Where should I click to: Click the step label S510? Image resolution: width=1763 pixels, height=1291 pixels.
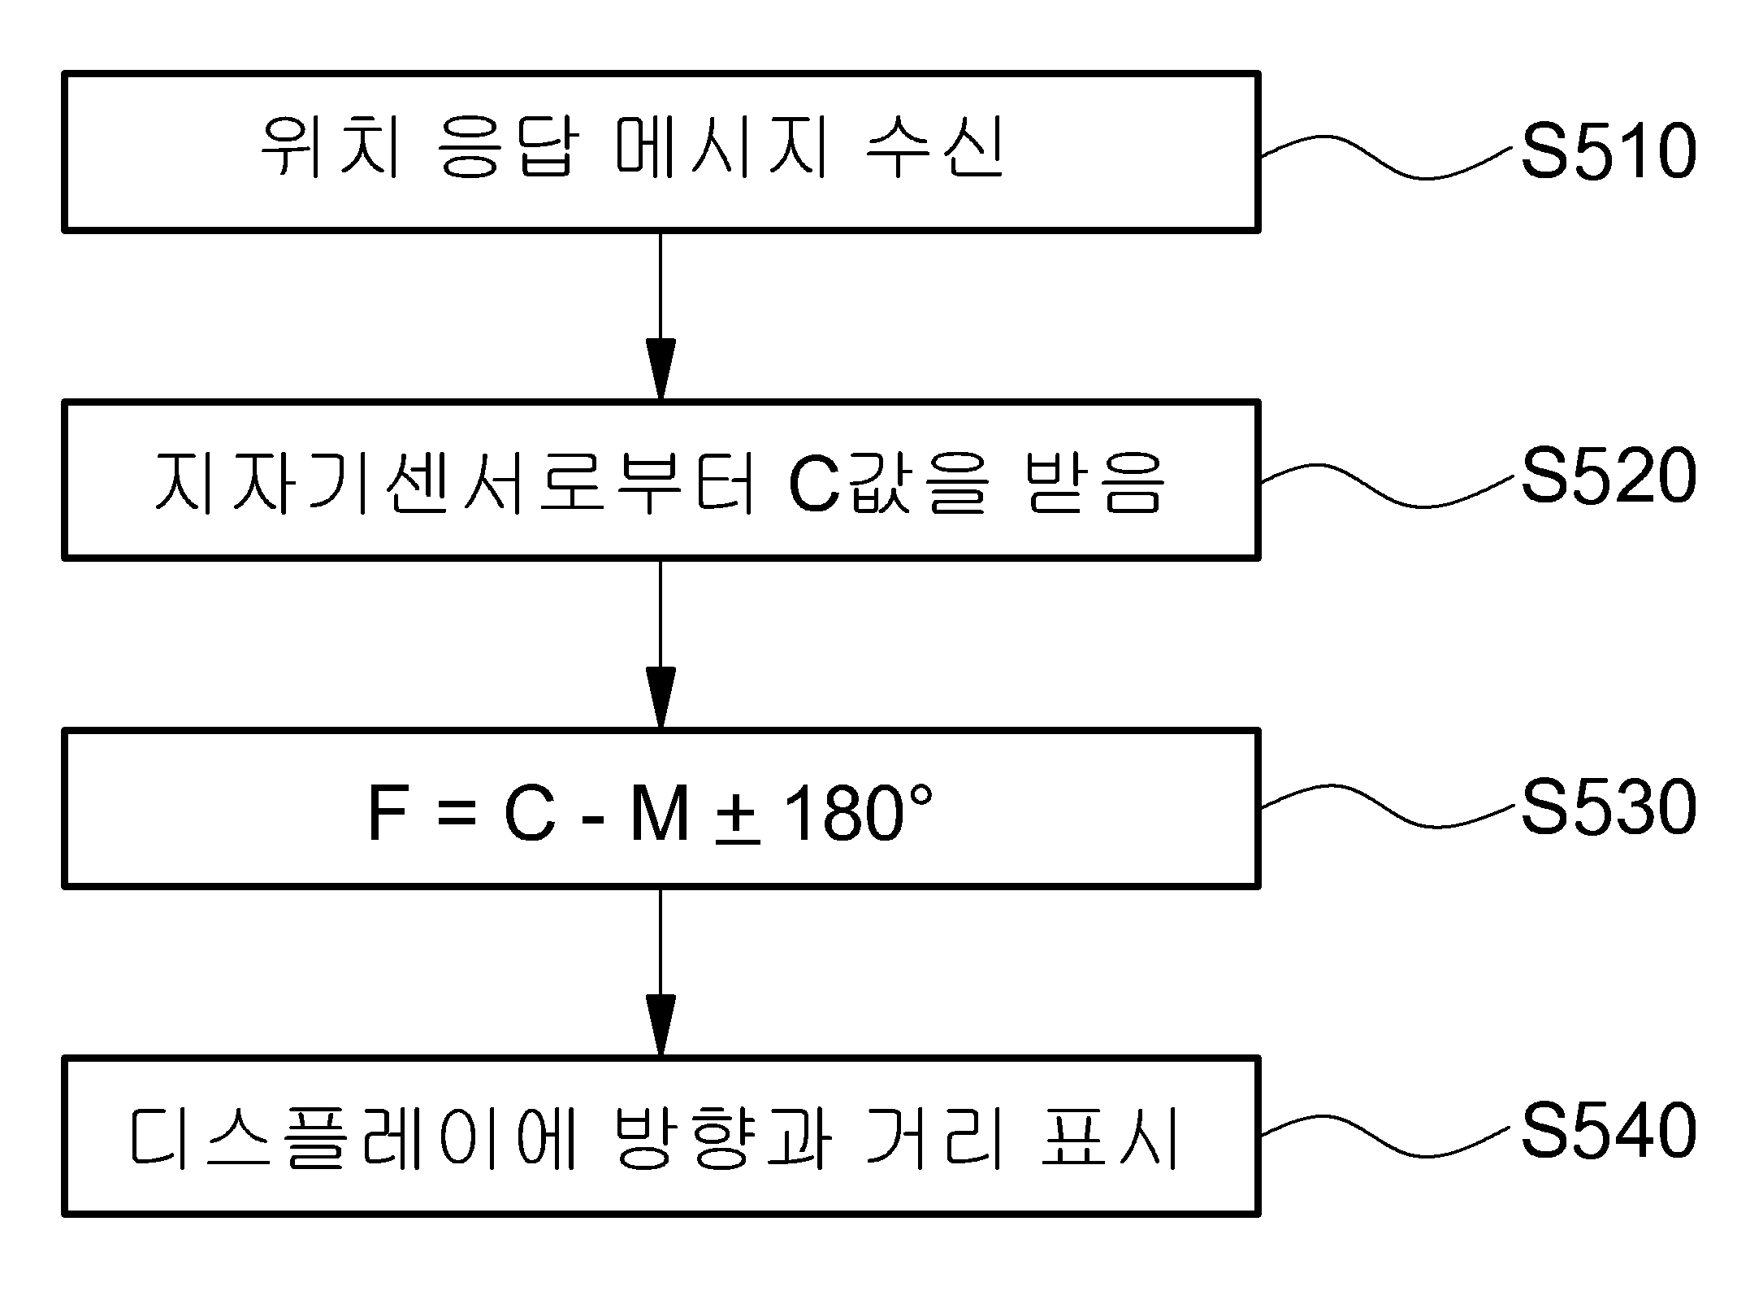pyautogui.click(x=1609, y=152)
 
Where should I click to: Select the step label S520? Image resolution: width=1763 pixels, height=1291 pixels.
pyautogui.click(x=1609, y=476)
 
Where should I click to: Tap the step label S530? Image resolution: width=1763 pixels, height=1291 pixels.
pyautogui.click(x=1609, y=807)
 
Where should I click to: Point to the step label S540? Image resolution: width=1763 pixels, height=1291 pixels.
pyautogui.click(x=1609, y=1130)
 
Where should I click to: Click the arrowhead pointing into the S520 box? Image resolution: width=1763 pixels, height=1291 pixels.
pyautogui.click(x=661, y=370)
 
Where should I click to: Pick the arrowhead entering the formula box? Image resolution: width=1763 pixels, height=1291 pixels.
pyautogui.click(x=661, y=698)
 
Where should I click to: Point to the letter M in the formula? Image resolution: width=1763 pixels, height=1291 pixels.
pyautogui.click(x=660, y=814)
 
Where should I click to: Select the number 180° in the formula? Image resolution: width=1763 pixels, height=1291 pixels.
pyautogui.click(x=858, y=813)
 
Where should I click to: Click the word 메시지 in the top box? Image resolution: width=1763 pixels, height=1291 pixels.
pyautogui.click(x=721, y=151)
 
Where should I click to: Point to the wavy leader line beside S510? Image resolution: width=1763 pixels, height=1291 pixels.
pyautogui.click(x=1389, y=157)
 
